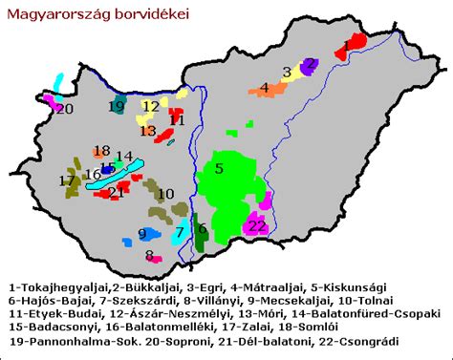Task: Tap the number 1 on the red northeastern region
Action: pyautogui.click(x=345, y=45)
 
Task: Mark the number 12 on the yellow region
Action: pyautogui.click(x=151, y=106)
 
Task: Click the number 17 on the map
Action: pyautogui.click(x=66, y=180)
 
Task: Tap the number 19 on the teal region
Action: pyautogui.click(x=116, y=107)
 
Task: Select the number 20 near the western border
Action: pyautogui.click(x=64, y=109)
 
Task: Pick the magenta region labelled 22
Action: pyautogui.click(x=256, y=224)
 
